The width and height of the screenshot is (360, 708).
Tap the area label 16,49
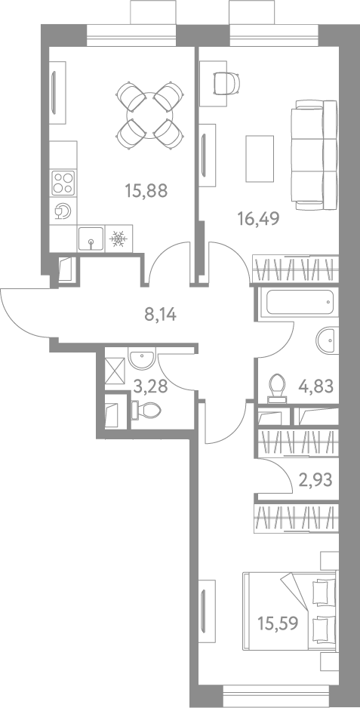point(259,219)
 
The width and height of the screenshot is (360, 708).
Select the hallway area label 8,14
point(160,314)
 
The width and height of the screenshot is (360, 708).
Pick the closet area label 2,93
point(315,479)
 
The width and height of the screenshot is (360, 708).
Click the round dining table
point(150,115)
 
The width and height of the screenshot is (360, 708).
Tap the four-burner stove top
point(63,183)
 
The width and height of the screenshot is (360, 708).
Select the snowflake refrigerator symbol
point(118,239)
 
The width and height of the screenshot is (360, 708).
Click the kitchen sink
point(91,239)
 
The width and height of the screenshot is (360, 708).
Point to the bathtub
point(300,303)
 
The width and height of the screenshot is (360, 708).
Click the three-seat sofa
point(317,155)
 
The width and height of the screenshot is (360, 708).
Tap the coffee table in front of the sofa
point(260,159)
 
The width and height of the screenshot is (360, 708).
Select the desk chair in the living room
point(226,82)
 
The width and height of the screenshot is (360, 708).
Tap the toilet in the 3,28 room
point(146,411)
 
